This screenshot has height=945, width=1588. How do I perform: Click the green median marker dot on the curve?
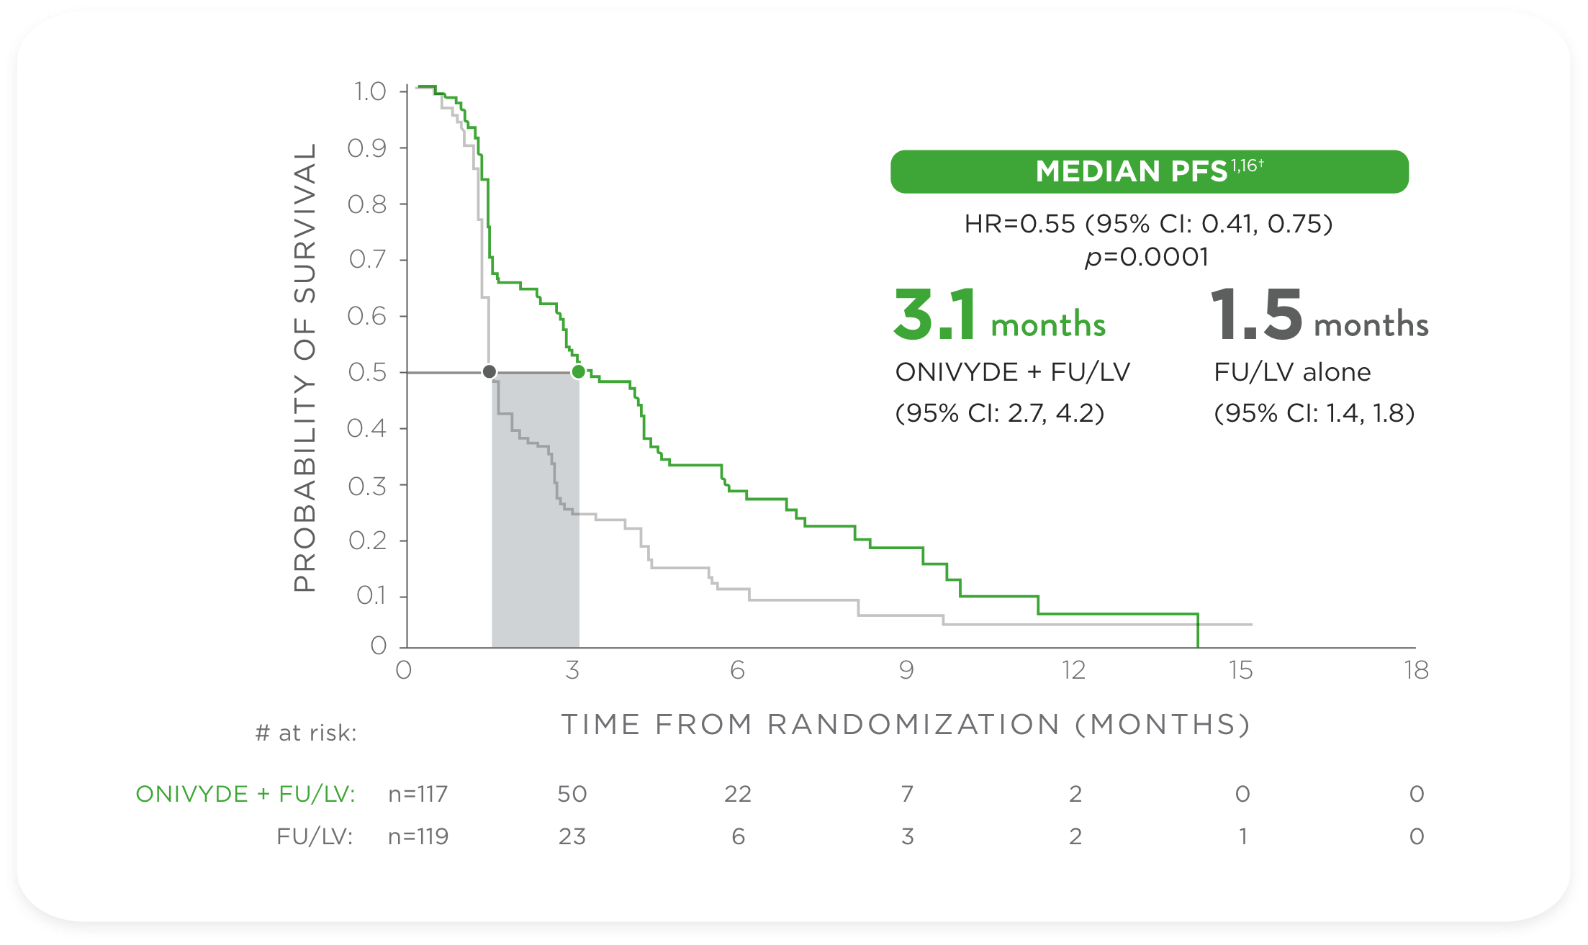[x=578, y=372]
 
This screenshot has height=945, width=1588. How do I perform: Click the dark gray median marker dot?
[x=490, y=372]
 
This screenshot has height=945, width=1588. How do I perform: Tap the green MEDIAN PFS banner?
[x=1149, y=171]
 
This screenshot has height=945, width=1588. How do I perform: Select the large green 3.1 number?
[x=935, y=315]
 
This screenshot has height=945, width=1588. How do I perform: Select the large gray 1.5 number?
[x=1256, y=315]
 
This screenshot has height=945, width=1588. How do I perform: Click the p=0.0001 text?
[x=1147, y=257]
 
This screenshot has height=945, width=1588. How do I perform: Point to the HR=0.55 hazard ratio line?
[x=1148, y=224]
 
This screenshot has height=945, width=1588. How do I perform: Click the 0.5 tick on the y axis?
[x=368, y=372]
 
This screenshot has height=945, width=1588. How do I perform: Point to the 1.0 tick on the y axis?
[x=370, y=91]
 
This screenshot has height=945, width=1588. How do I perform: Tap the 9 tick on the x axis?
[x=906, y=671]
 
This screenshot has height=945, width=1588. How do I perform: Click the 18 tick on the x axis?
[x=1416, y=671]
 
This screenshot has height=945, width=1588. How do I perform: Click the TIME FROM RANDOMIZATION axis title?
[x=906, y=724]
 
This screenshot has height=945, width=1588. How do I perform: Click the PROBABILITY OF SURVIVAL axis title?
[x=305, y=367]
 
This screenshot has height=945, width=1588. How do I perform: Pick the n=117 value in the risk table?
[x=418, y=794]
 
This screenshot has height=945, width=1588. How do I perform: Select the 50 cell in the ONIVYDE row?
[x=572, y=794]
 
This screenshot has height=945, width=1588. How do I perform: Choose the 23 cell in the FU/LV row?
[x=572, y=836]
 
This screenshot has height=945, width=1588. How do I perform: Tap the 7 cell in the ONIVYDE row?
[x=907, y=794]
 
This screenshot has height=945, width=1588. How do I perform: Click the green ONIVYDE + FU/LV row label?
[x=245, y=794]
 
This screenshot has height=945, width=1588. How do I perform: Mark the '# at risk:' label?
[x=306, y=733]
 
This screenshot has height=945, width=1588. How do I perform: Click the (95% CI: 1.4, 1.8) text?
[x=1314, y=413]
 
